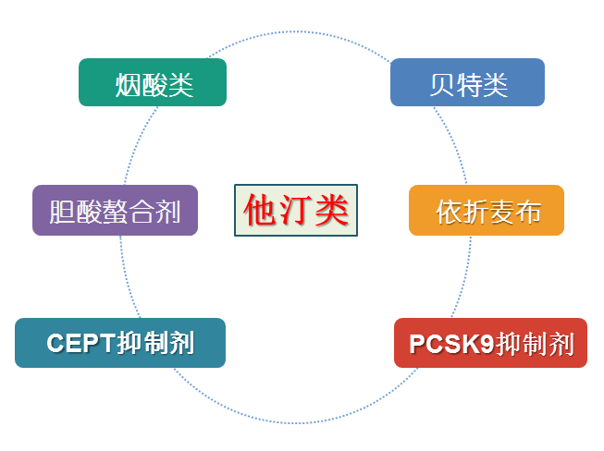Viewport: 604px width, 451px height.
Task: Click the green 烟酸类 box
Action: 153,82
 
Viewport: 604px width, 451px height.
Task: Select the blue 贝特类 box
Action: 467,82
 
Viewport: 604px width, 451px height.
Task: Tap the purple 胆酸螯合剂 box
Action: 115,211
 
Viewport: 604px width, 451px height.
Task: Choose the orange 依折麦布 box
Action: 487,211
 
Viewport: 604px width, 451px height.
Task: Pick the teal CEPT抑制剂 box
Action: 120,343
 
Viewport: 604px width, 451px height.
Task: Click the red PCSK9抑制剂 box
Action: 490,343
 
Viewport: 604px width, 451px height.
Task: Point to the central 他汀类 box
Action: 296,210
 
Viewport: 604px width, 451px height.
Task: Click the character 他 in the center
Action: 262,210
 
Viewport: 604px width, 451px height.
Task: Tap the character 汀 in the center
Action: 296,210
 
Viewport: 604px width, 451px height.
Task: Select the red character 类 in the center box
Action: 331,210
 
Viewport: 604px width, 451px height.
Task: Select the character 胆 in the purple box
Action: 63,212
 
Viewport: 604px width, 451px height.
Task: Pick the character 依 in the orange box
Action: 448,212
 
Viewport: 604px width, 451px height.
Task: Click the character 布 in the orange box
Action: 527,212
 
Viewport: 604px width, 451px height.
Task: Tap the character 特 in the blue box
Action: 469,85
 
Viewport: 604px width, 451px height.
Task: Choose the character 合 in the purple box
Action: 142,212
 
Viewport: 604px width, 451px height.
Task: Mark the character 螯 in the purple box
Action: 115,212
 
